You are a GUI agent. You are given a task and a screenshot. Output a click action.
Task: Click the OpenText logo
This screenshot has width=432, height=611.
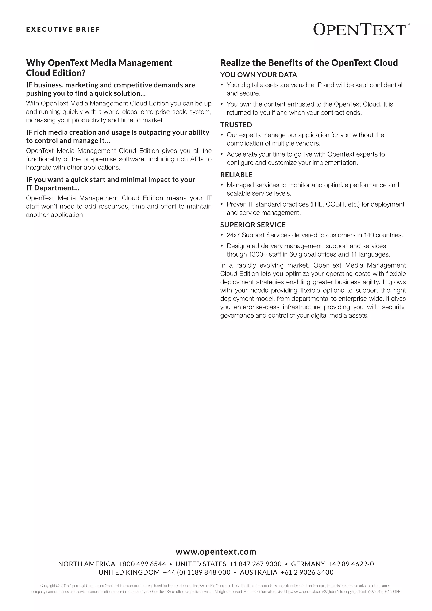coord(359,29)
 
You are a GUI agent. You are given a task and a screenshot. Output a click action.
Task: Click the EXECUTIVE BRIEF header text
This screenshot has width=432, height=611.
coord(63,29)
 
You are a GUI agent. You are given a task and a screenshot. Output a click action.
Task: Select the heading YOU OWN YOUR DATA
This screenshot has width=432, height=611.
coord(259,75)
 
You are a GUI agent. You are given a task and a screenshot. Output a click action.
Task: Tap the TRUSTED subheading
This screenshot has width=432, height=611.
coord(236,125)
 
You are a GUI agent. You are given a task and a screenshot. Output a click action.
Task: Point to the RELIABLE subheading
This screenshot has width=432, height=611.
coord(236,175)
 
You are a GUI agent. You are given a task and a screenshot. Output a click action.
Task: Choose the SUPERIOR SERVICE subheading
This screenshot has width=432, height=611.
coord(253,225)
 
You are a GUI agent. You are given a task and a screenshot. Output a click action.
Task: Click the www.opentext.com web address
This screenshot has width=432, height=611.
coord(216,552)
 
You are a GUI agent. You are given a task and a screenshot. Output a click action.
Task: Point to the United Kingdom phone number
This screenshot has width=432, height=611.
coord(197,572)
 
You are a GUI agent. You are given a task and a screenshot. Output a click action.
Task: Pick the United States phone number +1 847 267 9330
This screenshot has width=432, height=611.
coord(255,564)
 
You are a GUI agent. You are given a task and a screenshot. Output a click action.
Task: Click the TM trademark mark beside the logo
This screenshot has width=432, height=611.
coord(408,24)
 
